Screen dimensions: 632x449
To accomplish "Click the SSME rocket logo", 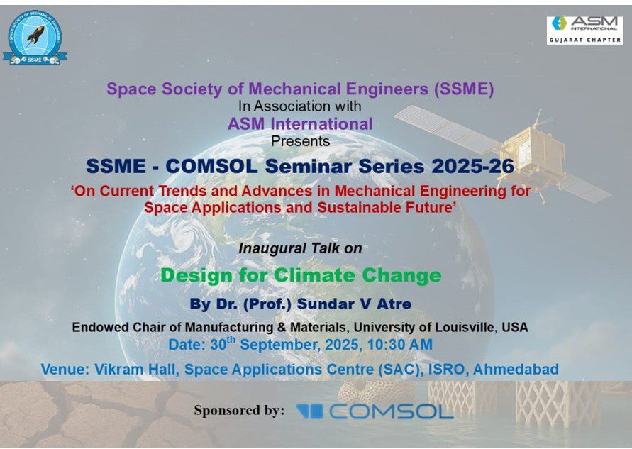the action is [x=35, y=38].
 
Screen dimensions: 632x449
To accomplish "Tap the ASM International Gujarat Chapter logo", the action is [x=584, y=31].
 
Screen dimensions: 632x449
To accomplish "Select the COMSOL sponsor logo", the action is [x=375, y=411].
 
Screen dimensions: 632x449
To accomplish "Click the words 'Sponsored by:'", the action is [x=239, y=410].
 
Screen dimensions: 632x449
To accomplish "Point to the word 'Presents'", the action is [x=300, y=141].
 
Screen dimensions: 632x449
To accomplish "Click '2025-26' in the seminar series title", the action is [x=473, y=166].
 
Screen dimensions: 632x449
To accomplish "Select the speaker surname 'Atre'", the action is [x=394, y=304].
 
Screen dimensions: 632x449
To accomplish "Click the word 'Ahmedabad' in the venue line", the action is [x=516, y=369].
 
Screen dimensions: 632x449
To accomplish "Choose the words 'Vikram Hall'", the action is [x=137, y=369].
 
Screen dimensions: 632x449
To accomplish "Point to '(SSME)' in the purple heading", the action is [x=464, y=89].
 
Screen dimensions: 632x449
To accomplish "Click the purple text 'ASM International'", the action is [x=300, y=124].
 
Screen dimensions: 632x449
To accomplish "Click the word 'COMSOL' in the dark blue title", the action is [x=211, y=166].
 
